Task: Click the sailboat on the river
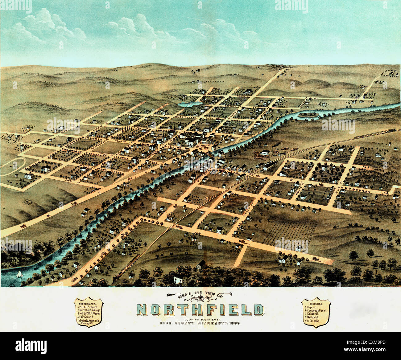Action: pos(19,274)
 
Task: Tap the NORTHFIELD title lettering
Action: pos(200,310)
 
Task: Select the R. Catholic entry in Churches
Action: pos(313,321)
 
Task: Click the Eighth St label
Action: pos(243,96)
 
